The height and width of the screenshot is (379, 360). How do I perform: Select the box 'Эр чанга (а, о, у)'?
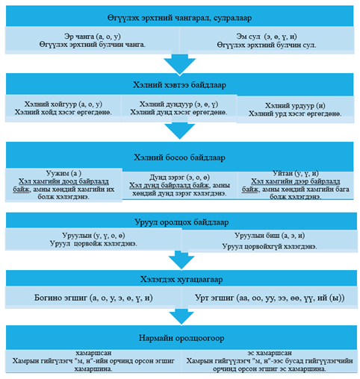point(92,40)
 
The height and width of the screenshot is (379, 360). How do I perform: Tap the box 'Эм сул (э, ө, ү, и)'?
point(267,40)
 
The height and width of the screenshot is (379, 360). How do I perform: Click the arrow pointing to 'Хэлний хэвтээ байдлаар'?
point(180,63)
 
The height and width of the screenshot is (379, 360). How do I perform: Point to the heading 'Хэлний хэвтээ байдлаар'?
point(179,84)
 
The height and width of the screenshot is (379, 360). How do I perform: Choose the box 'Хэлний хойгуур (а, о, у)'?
point(63,108)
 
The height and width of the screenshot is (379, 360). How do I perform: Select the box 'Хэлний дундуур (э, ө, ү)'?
point(179,108)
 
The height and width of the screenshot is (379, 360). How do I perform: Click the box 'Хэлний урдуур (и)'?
point(295,110)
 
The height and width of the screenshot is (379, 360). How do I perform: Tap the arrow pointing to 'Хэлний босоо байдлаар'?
point(180,131)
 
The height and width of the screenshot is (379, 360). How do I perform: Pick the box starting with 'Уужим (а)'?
point(63,185)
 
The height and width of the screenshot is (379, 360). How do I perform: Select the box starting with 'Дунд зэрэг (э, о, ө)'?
point(180,185)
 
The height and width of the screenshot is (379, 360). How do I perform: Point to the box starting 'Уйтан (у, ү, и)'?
point(296,185)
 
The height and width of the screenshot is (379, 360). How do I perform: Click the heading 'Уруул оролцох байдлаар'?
point(181,221)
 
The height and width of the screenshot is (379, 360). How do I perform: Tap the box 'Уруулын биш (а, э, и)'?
point(270,241)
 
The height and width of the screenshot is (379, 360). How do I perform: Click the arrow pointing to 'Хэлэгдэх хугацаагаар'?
point(181,260)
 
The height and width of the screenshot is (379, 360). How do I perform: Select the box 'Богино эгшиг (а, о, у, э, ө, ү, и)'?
point(93,298)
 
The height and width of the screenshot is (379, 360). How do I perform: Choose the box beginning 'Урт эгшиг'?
point(270,298)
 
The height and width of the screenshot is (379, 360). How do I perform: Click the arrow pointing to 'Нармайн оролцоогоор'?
point(181,317)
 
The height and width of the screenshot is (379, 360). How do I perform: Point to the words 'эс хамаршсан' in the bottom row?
point(270,353)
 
